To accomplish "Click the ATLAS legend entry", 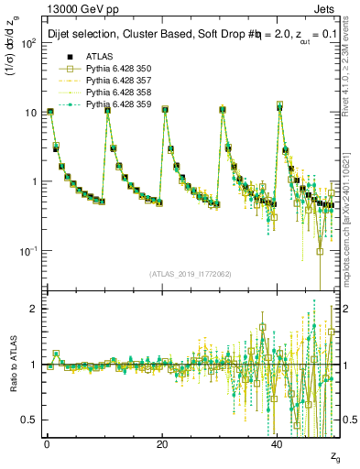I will coord(100,57).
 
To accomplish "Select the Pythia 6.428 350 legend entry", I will coord(114,69).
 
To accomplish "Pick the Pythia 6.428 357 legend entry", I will coord(114,81).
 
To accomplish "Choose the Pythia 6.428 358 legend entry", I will coord(114,93).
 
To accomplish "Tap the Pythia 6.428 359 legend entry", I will coord(114,104).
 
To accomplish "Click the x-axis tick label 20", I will coord(162,443).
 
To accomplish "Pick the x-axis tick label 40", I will coord(277,443).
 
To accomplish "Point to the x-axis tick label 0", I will coord(47,443).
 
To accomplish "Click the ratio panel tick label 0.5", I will coord(28,420).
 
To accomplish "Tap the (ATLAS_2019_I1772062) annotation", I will coord(191,273).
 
